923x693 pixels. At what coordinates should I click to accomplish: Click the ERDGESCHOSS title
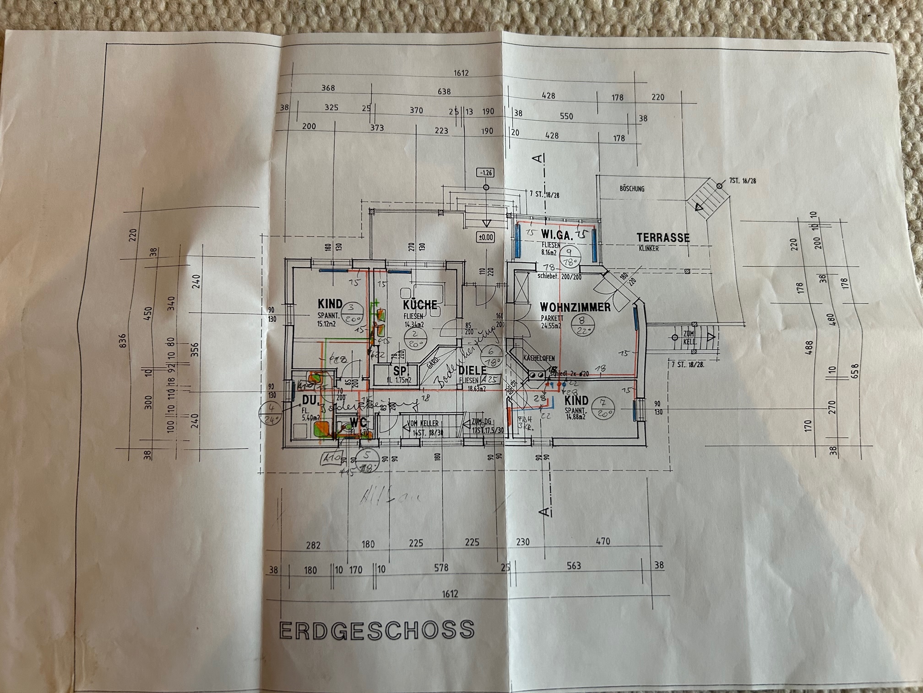376,629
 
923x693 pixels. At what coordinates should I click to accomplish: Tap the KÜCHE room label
420,305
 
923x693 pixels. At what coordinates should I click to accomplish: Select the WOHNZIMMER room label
575,307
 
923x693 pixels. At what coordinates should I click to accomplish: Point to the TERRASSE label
663,237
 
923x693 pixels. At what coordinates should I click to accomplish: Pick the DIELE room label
472,370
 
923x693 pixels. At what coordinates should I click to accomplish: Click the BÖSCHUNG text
632,188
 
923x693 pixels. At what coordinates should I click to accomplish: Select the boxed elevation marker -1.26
485,173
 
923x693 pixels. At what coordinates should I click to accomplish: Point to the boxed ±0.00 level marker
485,237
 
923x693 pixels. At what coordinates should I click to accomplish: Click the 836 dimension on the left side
122,340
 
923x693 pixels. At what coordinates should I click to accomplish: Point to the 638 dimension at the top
444,92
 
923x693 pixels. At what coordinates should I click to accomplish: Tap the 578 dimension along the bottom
441,568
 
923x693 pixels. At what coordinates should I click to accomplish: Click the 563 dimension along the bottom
574,566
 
